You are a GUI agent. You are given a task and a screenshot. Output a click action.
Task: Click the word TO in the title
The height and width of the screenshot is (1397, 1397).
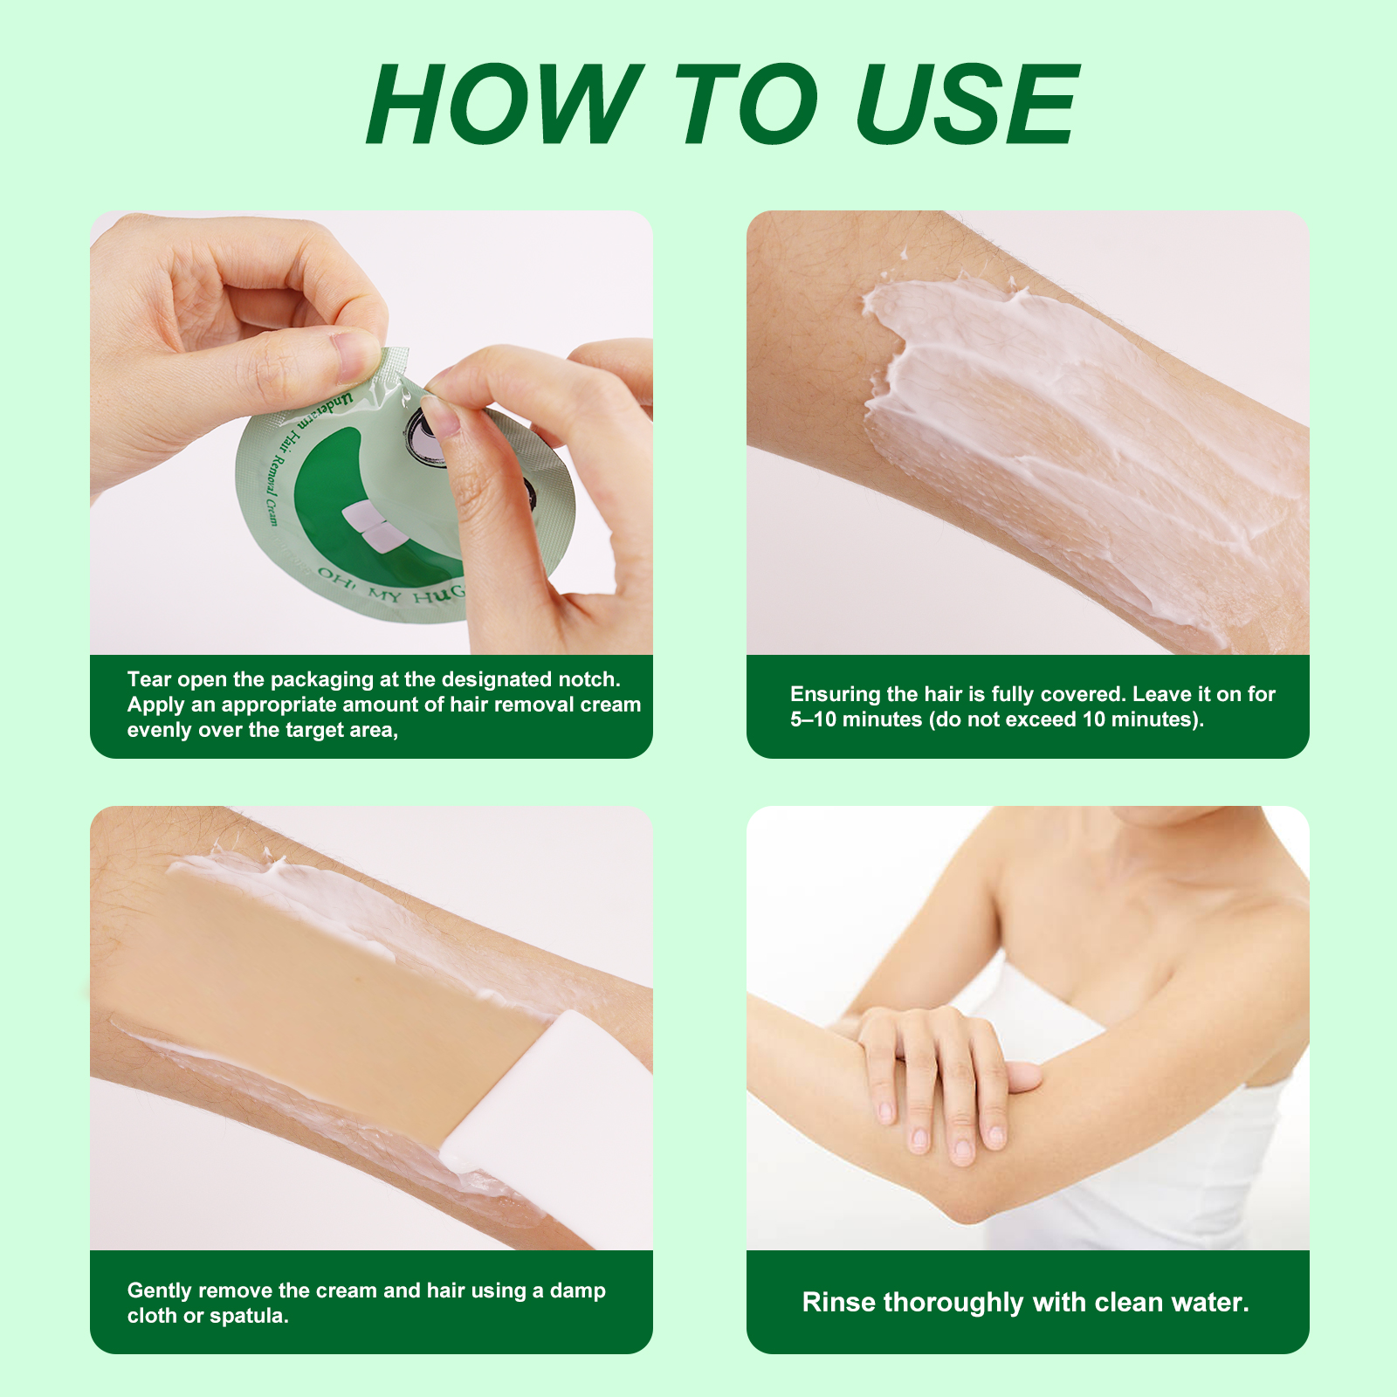(747, 105)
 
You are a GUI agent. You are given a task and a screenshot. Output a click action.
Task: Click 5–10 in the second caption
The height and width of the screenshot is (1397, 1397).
(812, 719)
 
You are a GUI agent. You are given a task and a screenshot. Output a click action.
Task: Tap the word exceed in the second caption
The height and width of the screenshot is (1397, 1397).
(1040, 719)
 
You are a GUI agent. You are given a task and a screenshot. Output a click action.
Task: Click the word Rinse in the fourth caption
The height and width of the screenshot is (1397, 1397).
(839, 1303)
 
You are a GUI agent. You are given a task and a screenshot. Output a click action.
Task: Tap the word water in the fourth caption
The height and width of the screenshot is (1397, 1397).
(1215, 1303)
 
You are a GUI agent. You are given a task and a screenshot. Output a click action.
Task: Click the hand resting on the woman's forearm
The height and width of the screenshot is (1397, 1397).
(939, 1074)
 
